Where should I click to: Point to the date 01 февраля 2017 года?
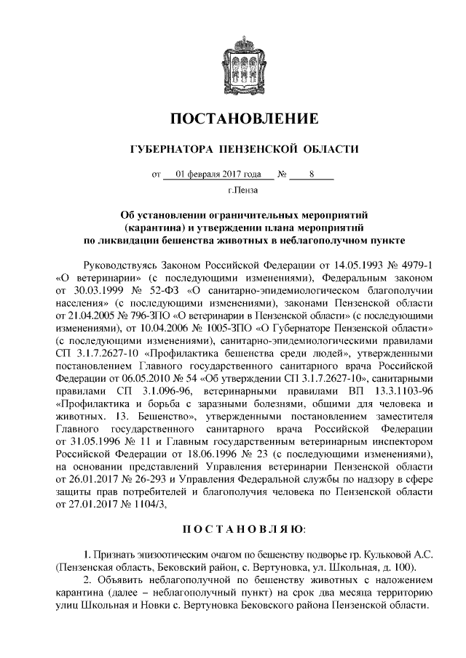(218, 174)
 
